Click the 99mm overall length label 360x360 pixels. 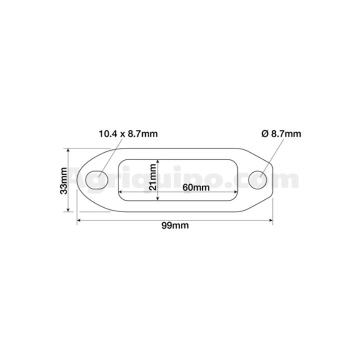coord(175,225)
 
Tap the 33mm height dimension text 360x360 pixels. coord(63,181)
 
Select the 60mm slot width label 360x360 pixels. coord(196,187)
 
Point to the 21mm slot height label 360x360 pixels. coord(152,177)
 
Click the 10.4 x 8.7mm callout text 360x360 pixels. coord(128,134)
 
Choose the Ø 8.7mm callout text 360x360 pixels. coord(281,134)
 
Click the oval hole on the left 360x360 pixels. coord(96,180)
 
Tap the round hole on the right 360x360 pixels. coord(258,180)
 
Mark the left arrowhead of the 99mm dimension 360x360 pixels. coord(79,220)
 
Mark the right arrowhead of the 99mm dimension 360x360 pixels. coord(270,220)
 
